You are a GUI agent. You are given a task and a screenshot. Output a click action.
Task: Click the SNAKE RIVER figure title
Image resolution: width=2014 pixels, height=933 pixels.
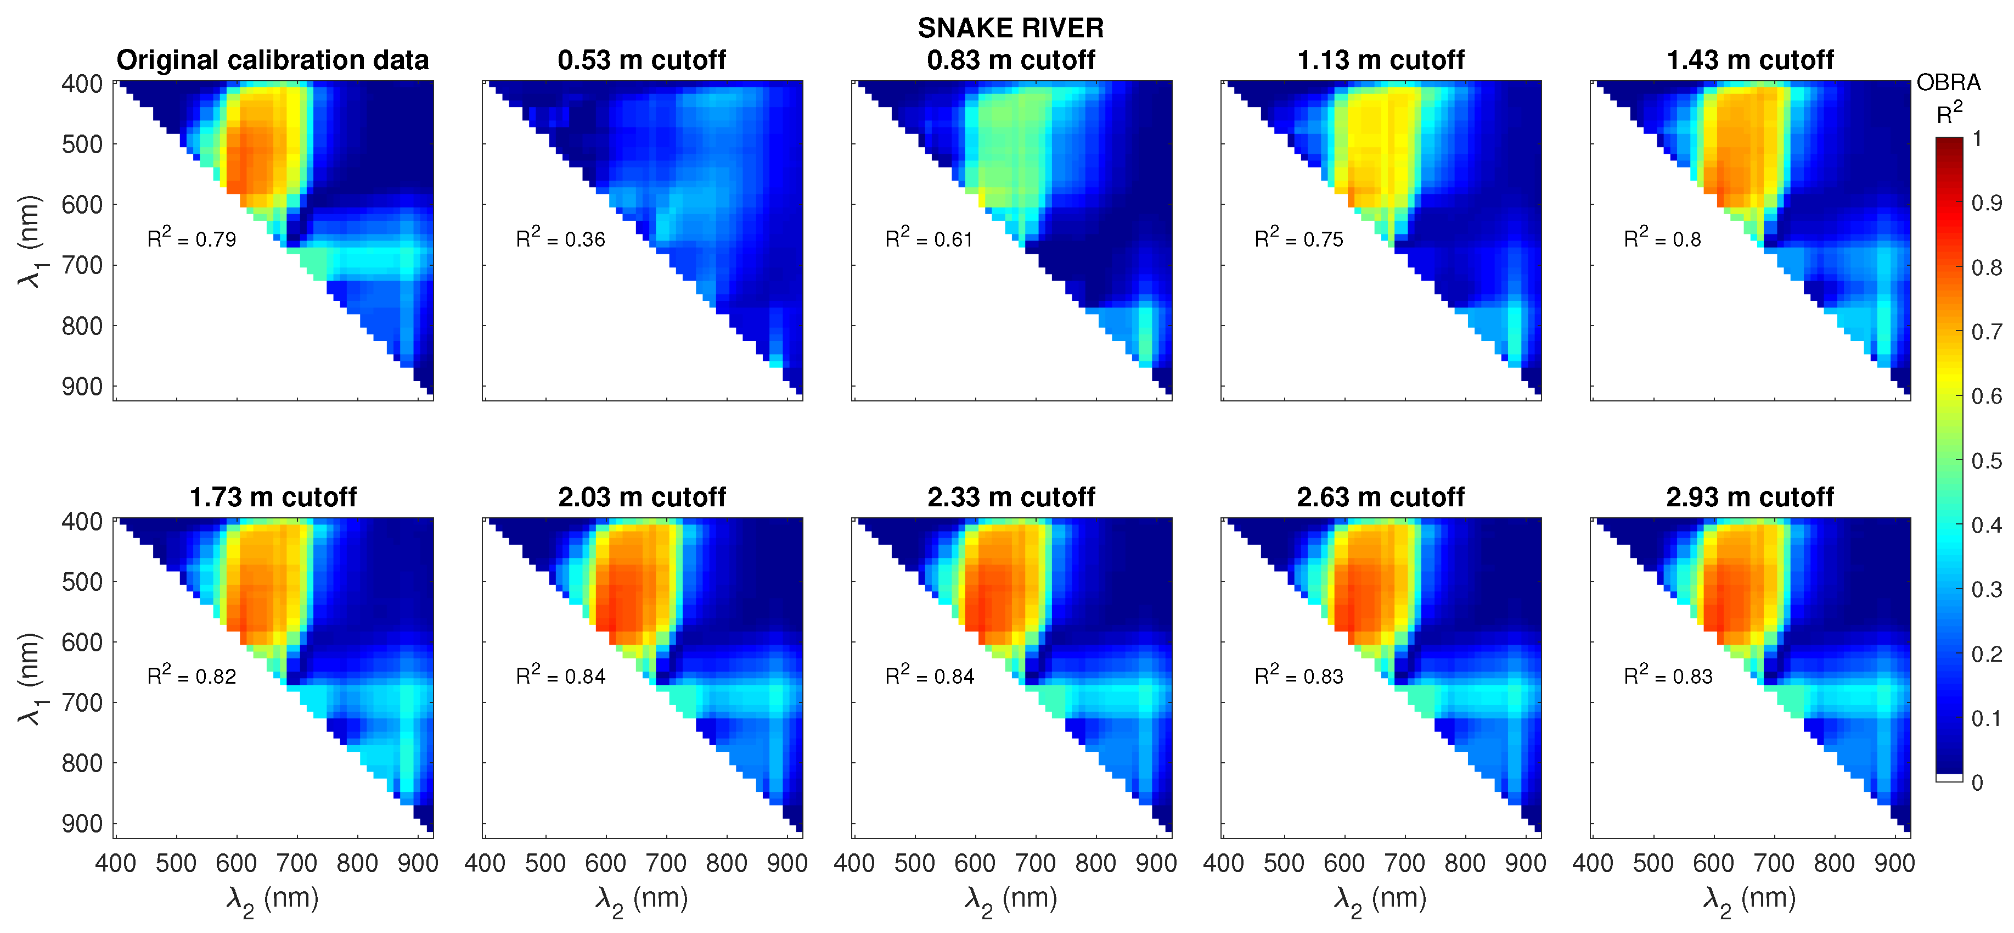(1010, 28)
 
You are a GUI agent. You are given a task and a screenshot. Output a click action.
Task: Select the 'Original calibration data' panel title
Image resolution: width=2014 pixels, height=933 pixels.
(272, 60)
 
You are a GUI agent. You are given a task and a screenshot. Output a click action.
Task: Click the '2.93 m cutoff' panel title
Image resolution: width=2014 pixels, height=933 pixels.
(1749, 498)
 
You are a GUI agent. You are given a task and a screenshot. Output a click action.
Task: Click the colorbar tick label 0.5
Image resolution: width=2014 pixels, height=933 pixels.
(1987, 461)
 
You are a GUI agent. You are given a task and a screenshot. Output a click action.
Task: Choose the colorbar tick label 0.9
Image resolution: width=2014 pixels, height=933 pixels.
(1987, 203)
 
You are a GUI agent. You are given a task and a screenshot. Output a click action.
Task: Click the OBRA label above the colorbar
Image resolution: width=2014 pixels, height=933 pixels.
(1948, 83)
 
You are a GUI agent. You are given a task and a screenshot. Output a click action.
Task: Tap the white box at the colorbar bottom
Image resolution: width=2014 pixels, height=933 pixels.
(1949, 778)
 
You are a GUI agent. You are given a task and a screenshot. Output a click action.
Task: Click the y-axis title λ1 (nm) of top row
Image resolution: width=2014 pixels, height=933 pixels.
(30, 242)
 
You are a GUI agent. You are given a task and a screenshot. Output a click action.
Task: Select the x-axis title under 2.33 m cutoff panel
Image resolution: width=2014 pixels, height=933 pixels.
(1010, 900)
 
